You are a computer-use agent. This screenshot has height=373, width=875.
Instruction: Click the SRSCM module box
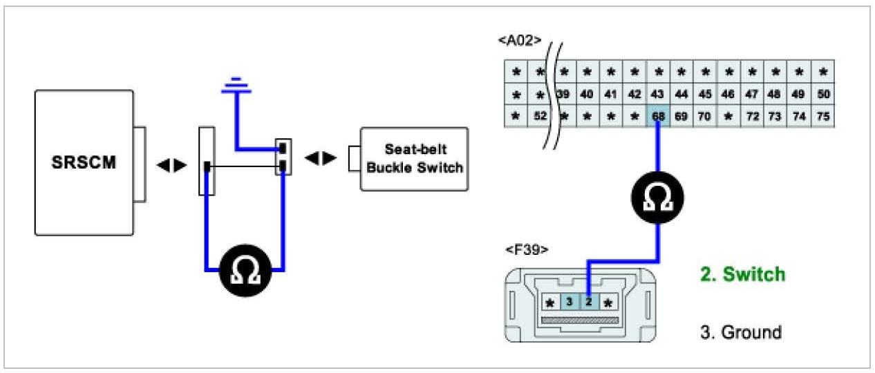84,163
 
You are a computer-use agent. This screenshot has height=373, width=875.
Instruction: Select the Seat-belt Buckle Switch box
414,158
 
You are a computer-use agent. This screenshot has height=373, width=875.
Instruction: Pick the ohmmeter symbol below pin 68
657,199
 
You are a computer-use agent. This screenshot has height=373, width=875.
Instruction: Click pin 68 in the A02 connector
658,117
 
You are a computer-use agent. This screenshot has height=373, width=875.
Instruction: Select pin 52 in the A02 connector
540,117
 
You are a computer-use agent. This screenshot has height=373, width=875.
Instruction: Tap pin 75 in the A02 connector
822,117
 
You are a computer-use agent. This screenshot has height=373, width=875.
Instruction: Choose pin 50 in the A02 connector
822,94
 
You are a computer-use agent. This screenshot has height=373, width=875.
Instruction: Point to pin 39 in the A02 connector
564,94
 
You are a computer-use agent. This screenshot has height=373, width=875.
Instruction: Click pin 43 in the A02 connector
658,94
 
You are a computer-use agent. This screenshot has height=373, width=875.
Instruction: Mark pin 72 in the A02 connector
752,117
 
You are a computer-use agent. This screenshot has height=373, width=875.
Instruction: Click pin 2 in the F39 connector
588,302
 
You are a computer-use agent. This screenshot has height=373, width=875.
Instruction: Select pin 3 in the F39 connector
569,302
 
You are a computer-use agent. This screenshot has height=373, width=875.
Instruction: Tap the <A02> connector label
519,41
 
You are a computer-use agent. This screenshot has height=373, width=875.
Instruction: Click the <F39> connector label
527,249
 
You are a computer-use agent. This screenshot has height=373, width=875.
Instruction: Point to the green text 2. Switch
742,274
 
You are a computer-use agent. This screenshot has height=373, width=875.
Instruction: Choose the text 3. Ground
740,332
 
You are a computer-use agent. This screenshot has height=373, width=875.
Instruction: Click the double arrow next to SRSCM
171,166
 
